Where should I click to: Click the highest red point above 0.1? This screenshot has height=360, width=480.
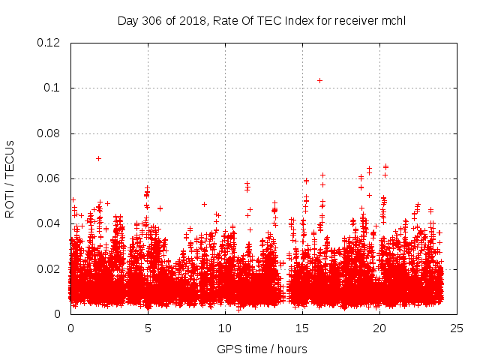(319, 80)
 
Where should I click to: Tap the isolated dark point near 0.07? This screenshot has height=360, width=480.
(98, 158)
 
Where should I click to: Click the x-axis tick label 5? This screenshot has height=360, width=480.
(148, 328)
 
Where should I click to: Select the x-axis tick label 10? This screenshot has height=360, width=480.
(225, 328)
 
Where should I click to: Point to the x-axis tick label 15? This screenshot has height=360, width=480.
(302, 328)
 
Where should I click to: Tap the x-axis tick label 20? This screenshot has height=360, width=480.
(379, 328)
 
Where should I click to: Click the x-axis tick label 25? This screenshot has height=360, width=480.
(457, 328)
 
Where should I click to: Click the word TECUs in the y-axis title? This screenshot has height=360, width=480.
(10, 159)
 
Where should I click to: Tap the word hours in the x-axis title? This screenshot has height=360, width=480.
(289, 349)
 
